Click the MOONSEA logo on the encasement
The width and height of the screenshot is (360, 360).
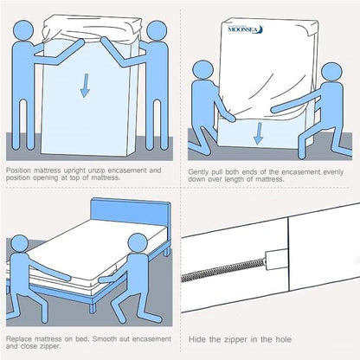tap(245, 29)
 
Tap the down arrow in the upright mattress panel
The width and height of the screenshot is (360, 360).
tap(85, 86)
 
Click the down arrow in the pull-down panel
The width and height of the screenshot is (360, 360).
tap(258, 133)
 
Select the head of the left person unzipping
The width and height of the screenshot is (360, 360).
tap(24, 30)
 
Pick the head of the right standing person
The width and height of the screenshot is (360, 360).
tap(157, 31)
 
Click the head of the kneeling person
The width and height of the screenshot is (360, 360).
tap(202, 71)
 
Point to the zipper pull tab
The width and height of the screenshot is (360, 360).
tap(276, 260)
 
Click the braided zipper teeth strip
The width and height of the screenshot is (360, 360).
tap(222, 270)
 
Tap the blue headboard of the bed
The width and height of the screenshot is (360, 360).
tap(131, 212)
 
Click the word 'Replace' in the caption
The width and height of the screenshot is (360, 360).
tap(18, 338)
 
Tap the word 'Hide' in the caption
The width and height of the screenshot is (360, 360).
tap(196, 339)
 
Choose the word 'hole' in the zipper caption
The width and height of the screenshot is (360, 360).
tap(283, 339)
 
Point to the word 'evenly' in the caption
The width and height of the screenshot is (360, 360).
tap(333, 172)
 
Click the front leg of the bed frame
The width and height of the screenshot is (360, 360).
tap(92, 307)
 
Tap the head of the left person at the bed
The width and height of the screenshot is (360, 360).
tap(19, 245)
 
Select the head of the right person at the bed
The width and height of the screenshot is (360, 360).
tap(138, 243)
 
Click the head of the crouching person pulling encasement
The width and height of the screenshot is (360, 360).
tap(331, 74)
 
